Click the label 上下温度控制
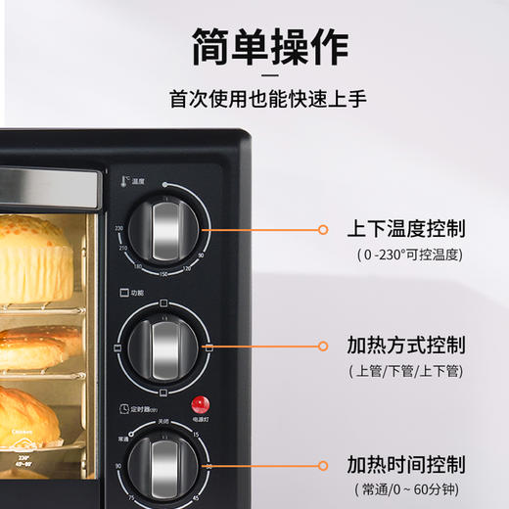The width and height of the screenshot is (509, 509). tap(405, 229)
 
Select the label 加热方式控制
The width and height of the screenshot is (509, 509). tap(405, 346)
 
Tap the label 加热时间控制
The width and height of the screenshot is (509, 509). tap(405, 463)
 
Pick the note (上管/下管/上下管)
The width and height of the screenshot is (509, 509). tap(405, 372)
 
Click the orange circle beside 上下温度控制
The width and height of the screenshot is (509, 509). tap(324, 229)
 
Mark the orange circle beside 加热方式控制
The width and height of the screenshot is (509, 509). tap(324, 346)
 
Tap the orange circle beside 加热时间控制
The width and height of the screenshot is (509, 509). tap(324, 464)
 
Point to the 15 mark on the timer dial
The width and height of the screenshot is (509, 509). tap(196, 434)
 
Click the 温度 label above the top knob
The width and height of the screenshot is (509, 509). tap(137, 182)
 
